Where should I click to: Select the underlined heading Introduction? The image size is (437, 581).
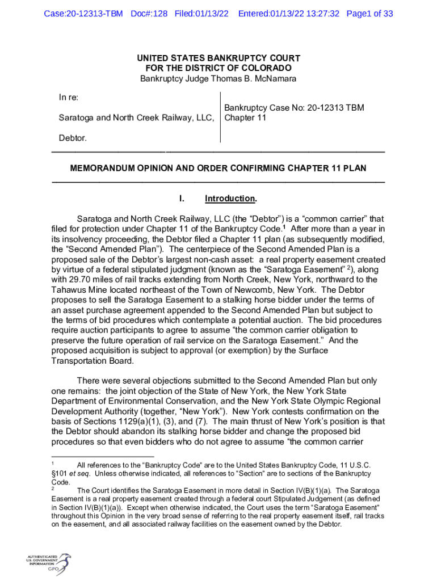(x=230, y=199)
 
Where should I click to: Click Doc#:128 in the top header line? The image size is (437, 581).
(x=148, y=14)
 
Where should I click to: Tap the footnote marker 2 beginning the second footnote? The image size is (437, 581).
(x=53, y=489)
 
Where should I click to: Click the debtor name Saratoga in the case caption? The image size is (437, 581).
(x=77, y=118)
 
